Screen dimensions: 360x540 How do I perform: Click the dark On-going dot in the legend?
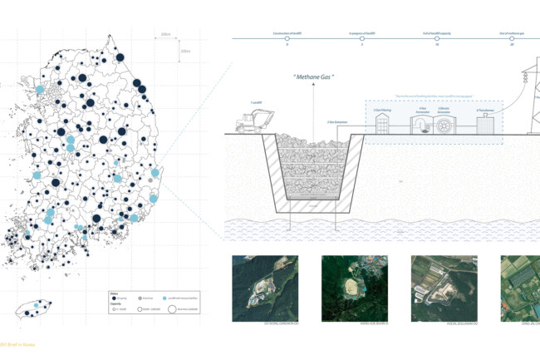115,298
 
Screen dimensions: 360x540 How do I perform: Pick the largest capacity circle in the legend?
172,310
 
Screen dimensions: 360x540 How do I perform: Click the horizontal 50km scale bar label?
166,35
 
